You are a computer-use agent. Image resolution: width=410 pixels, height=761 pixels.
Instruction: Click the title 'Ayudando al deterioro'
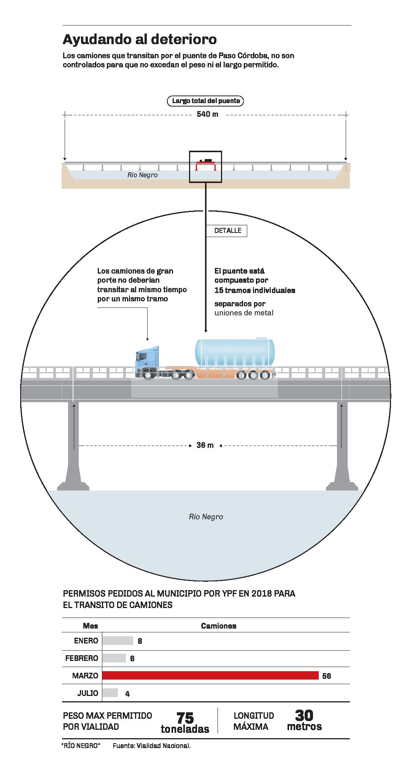[140, 40]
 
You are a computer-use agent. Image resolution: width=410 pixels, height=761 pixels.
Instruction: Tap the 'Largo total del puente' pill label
[206, 101]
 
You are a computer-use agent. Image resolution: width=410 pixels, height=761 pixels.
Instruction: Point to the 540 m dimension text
[207, 114]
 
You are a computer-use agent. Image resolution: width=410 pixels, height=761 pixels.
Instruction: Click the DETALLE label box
[227, 231]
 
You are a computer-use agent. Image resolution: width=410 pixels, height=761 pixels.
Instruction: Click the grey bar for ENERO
[118, 640]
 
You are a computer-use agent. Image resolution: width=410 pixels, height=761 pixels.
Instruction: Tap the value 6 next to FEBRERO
[132, 658]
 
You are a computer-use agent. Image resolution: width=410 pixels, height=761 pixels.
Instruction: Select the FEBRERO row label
[81, 658]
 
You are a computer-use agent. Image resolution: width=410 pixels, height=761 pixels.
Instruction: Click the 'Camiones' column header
[218, 626]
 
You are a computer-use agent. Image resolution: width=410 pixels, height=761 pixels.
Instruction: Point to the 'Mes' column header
[91, 626]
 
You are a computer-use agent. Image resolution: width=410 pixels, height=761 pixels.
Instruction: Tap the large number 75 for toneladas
[185, 718]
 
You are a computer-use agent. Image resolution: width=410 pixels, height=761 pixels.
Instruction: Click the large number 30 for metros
[304, 716]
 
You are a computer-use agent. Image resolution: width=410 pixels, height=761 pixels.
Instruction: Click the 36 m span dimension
[205, 445]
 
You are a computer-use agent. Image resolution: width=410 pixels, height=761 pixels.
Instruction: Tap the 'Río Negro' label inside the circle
[206, 517]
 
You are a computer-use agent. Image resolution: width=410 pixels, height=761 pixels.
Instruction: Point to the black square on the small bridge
[205, 167]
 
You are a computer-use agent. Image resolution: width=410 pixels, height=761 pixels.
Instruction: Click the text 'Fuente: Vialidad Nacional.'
[151, 746]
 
